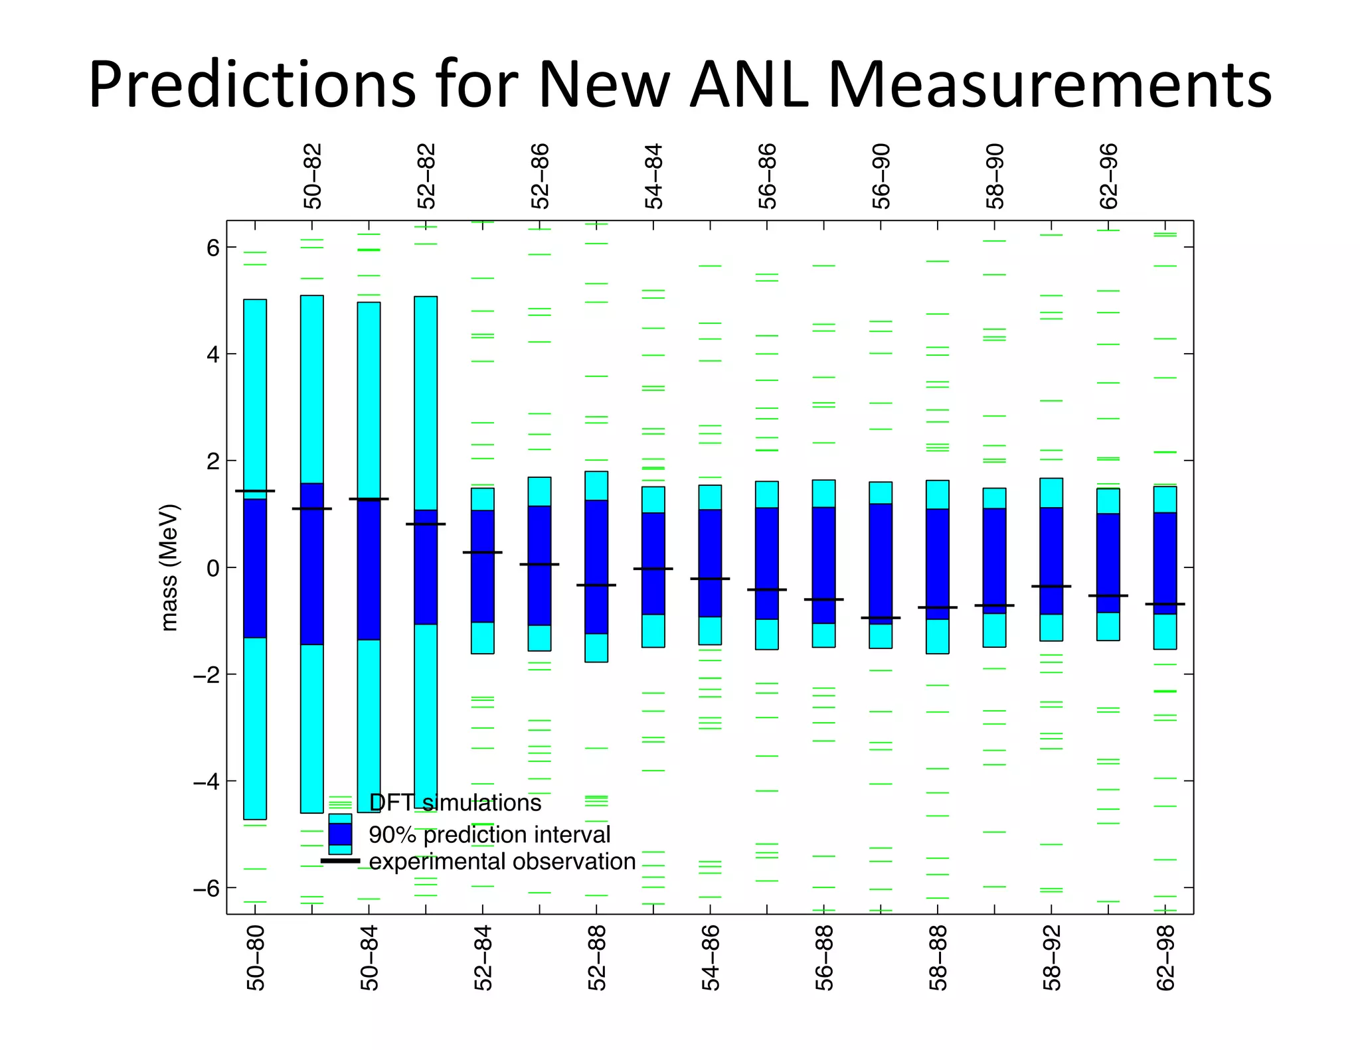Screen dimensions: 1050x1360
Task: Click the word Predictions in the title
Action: [252, 85]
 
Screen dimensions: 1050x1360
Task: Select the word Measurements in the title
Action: [1049, 85]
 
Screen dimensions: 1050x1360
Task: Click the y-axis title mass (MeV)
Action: [169, 567]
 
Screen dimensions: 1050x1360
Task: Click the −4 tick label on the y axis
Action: [206, 782]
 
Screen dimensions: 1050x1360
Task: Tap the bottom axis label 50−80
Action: [256, 958]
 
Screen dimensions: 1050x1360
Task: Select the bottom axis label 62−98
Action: [1165, 958]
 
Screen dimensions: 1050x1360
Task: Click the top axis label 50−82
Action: [313, 176]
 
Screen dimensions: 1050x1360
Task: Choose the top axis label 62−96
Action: [1109, 176]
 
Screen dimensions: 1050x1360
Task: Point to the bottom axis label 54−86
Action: [711, 958]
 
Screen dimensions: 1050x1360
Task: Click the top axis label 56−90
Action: [881, 176]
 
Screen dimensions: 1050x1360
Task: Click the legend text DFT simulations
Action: [455, 803]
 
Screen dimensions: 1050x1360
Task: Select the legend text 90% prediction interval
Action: [489, 834]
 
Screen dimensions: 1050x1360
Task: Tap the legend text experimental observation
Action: [502, 862]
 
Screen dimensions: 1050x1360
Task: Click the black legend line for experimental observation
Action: [340, 861]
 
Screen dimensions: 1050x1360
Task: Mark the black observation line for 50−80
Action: [255, 491]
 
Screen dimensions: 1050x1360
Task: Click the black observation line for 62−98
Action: [1165, 604]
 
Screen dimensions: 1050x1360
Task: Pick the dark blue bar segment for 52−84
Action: [483, 566]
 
